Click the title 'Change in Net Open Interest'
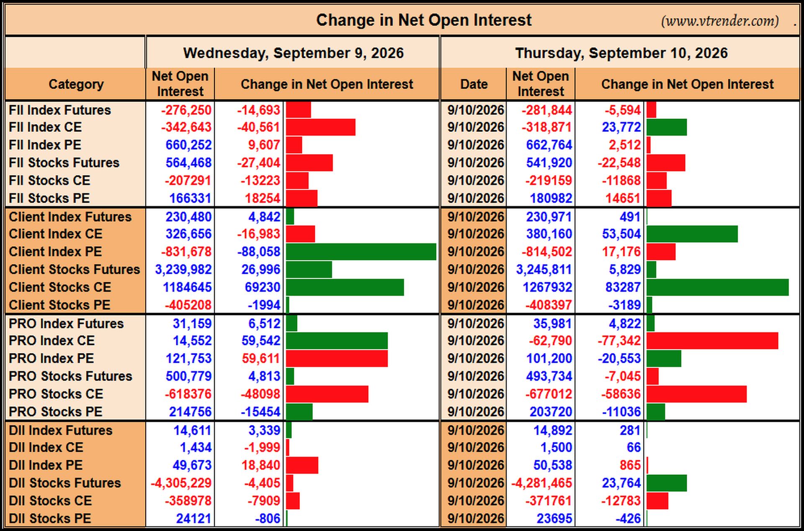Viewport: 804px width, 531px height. point(424,20)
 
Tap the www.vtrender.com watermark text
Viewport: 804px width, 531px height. point(720,21)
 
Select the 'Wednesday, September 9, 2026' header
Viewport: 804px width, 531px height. point(293,53)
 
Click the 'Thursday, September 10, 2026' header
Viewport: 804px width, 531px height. point(621,53)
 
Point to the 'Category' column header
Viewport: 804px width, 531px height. point(76,84)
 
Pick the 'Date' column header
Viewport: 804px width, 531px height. point(474,84)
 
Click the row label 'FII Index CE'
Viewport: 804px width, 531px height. point(45,127)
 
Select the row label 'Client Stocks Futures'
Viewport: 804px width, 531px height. point(75,269)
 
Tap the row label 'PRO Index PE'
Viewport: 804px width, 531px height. point(52,358)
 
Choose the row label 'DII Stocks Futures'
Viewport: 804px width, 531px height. point(65,483)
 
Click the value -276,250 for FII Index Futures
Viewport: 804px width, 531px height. point(186,110)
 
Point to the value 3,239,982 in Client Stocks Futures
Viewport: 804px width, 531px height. point(183,269)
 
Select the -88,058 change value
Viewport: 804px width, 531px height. point(258,252)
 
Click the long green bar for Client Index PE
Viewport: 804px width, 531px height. point(361,252)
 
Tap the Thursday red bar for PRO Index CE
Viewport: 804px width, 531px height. point(712,341)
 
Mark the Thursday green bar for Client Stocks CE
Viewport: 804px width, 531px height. point(718,287)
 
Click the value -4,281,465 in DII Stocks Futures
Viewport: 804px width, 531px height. point(541,483)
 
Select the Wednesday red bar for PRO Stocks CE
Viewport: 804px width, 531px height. point(327,394)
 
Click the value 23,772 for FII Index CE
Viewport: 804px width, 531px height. point(621,127)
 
